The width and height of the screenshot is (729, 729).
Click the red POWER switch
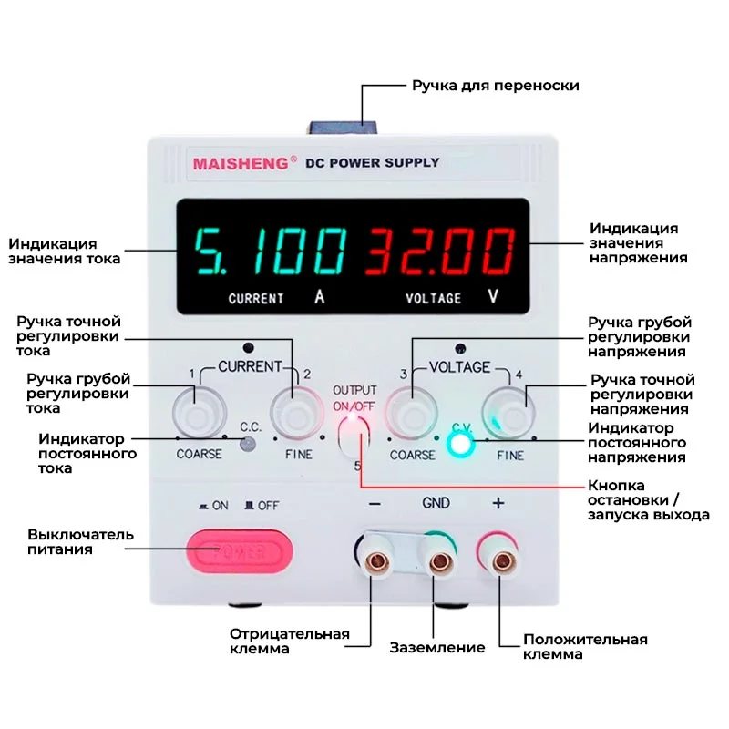(x=240, y=549)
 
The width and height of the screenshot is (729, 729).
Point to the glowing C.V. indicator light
(x=462, y=444)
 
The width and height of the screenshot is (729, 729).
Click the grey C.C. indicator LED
(x=248, y=444)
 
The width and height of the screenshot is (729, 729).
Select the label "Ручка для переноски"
(x=495, y=86)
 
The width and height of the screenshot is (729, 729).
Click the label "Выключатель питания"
(x=80, y=541)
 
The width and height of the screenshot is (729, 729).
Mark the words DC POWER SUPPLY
(x=372, y=163)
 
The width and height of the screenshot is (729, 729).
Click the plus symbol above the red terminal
(x=498, y=503)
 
